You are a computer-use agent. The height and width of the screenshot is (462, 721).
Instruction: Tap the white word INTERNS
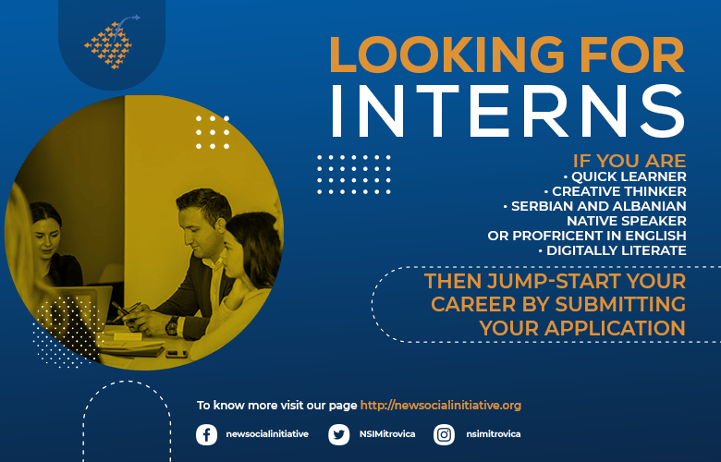[x=507, y=111]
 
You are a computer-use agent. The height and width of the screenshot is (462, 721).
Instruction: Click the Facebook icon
[x=206, y=434]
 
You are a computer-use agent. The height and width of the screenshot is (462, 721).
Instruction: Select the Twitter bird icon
[x=339, y=434]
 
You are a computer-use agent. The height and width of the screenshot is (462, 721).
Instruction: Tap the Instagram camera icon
[x=444, y=434]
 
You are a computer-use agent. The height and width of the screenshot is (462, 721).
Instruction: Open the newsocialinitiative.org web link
[x=441, y=406]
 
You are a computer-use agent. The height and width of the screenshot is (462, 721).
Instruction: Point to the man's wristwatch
[x=172, y=325]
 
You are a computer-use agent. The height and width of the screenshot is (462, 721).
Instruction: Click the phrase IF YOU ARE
[x=629, y=161]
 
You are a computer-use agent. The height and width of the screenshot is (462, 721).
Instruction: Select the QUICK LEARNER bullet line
[x=625, y=176]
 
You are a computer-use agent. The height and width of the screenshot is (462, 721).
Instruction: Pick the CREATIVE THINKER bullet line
[x=616, y=191]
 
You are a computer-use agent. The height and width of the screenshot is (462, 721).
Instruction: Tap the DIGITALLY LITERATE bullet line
[x=613, y=250]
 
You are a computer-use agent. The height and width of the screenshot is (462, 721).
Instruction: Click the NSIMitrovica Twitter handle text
[x=387, y=434]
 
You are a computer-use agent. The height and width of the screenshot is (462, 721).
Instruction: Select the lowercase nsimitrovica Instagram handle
[x=494, y=434]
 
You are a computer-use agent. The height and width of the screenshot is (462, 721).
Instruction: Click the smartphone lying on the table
[x=177, y=354]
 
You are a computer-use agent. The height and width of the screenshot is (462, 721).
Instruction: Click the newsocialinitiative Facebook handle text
[x=267, y=434]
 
